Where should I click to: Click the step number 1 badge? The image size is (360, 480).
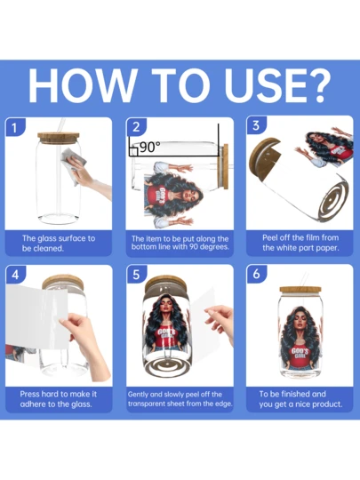(14, 127)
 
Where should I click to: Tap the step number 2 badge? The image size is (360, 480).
(136, 127)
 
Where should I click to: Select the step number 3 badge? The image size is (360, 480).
(256, 125)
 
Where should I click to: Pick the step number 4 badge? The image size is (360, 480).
(15, 275)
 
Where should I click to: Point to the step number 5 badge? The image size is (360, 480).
(136, 275)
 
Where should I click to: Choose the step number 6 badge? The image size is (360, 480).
(257, 274)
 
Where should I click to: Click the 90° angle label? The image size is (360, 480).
(150, 148)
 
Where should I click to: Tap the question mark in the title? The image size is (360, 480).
(317, 85)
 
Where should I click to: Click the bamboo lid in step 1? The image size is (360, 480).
(59, 136)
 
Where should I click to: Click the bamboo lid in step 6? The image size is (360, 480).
(300, 290)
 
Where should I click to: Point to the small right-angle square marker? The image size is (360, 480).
(133, 152)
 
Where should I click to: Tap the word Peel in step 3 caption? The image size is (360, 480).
(268, 238)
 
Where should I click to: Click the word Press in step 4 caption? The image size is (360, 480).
(29, 394)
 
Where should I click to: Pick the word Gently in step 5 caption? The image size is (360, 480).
(138, 395)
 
